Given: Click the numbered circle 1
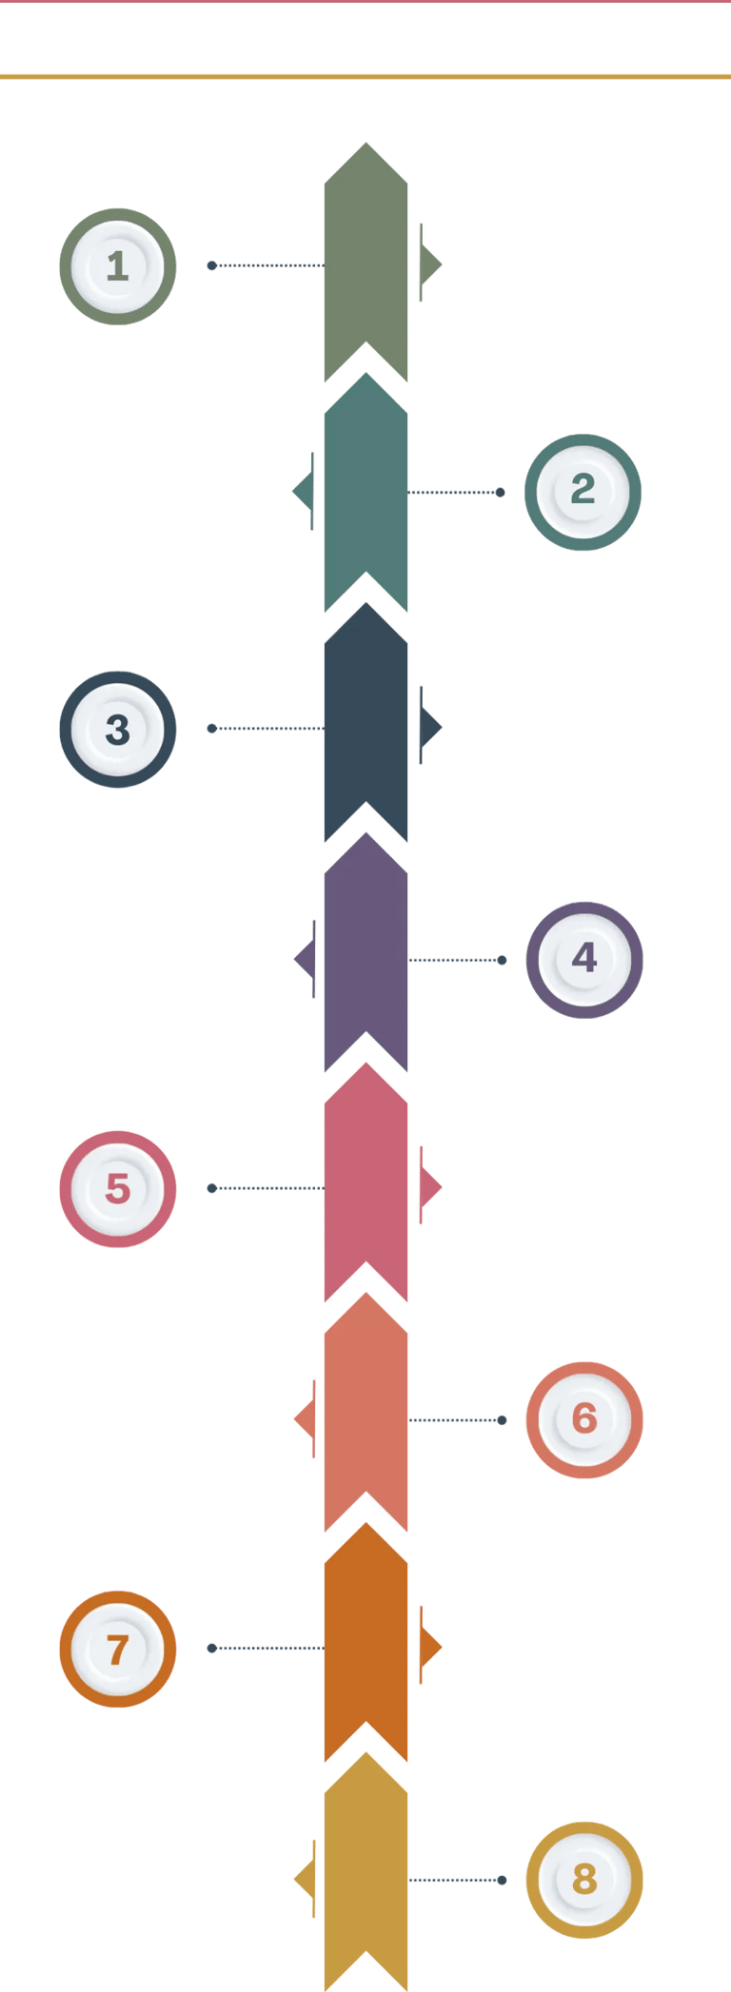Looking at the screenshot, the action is [118, 266].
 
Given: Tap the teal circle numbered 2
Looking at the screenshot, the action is [583, 492].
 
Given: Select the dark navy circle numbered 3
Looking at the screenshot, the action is [118, 730].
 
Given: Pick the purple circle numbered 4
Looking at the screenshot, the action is [584, 960].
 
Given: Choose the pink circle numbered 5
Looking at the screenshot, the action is [118, 1189].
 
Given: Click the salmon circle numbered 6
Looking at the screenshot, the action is [584, 1420].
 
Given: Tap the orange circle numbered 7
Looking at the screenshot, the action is [118, 1649].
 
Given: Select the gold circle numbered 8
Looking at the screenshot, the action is [584, 1880].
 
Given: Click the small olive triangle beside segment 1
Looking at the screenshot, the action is [430, 264].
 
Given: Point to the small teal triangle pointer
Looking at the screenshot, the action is [304, 492].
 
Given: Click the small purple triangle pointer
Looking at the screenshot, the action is [306, 959].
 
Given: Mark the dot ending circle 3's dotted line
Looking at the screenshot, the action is [212, 729].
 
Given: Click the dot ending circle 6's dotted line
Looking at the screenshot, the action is [503, 1420].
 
